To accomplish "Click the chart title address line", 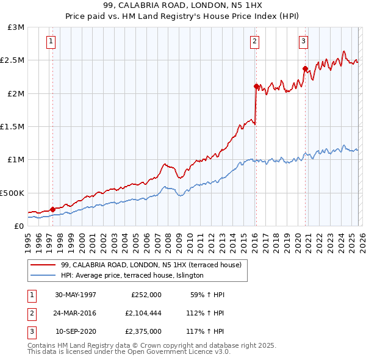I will click(x=183, y=5).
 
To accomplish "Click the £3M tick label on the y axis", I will click(x=16, y=27).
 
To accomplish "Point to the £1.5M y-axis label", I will click(x=13, y=127).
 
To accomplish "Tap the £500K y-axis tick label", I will click(x=13, y=193).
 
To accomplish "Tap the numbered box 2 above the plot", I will click(x=254, y=41).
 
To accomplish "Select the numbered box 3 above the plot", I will click(x=303, y=41).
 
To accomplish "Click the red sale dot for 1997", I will click(x=52, y=209).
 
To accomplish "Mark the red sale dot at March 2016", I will click(x=256, y=86).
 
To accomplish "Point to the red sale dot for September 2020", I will click(x=304, y=68).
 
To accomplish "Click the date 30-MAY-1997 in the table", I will click(x=76, y=295).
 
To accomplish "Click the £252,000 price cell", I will click(x=146, y=295).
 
